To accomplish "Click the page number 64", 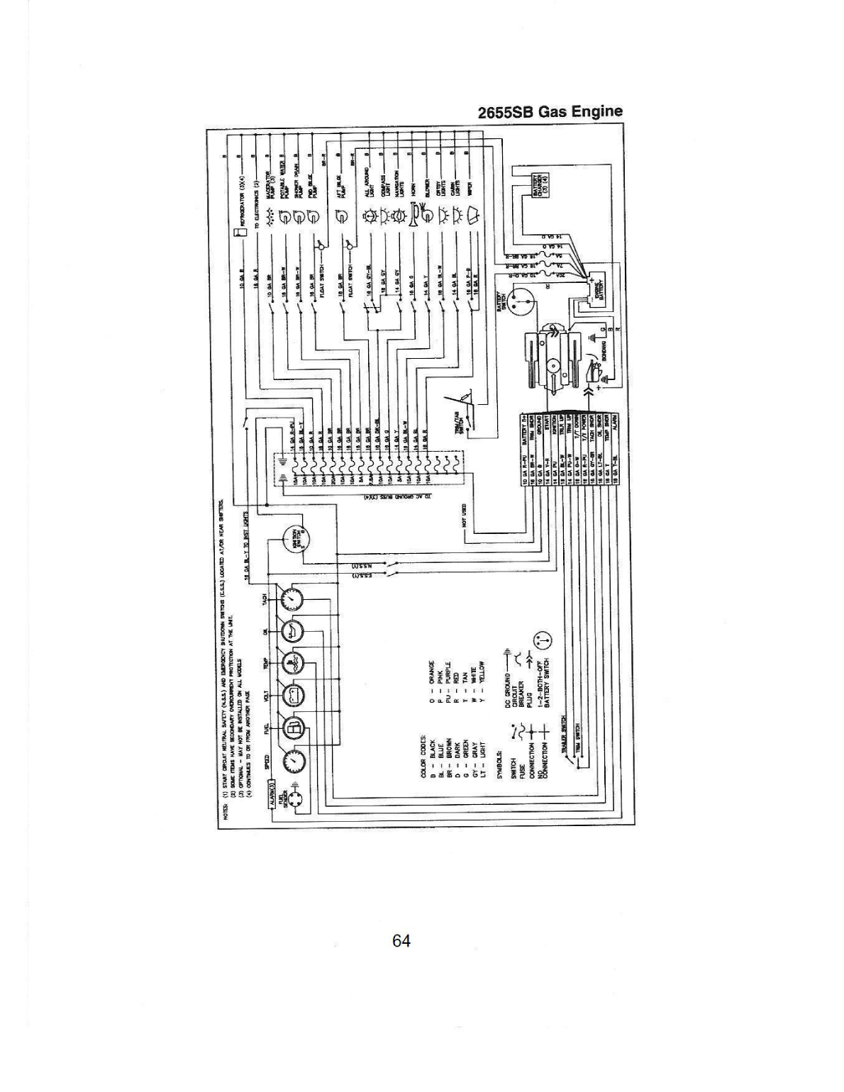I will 401,941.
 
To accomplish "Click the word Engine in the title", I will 599,111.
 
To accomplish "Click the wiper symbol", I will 471,214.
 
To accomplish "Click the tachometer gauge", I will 291,601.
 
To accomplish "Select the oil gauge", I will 291,630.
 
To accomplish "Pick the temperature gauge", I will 291,663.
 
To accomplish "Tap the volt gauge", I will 291,696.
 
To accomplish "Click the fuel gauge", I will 291,728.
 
